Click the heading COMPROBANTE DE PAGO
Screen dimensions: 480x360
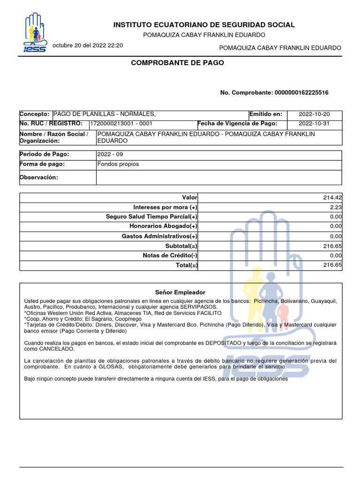(177, 62)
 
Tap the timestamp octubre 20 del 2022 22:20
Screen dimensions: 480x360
(88, 45)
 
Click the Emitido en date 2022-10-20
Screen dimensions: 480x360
(314, 114)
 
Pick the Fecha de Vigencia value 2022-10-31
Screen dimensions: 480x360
(314, 124)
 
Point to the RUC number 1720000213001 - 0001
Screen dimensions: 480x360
(121, 124)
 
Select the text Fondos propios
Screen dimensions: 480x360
(118, 164)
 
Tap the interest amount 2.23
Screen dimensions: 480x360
(336, 207)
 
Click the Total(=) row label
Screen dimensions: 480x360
(186, 265)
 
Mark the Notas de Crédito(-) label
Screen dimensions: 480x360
(170, 255)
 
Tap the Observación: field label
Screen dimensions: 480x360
(38, 177)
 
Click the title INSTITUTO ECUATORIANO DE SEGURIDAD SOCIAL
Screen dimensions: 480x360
(204, 25)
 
